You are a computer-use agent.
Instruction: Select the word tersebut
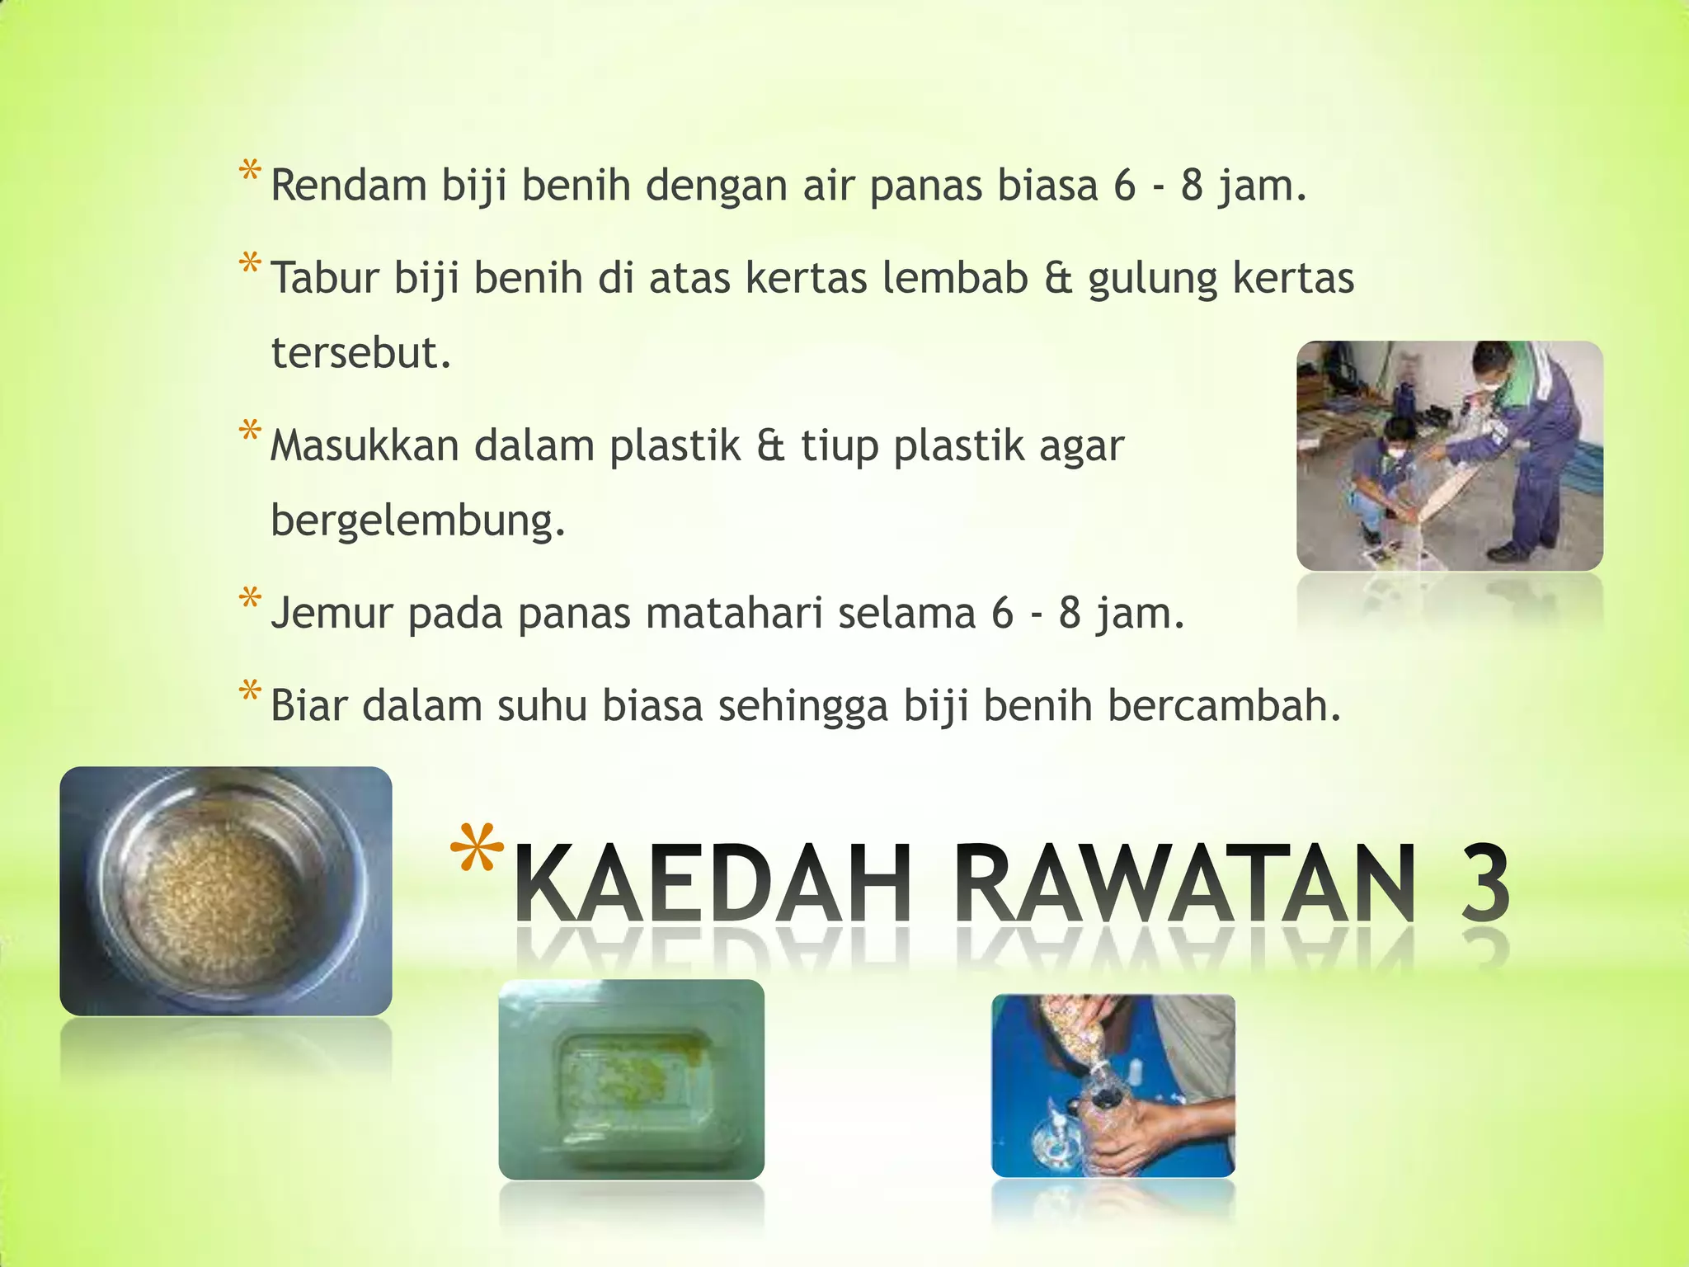360,353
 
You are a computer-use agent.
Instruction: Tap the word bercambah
1224,706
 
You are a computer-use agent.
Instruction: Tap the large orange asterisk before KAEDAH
478,850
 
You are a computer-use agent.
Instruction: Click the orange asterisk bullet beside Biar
250,691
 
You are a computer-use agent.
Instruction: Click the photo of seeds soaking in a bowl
225,891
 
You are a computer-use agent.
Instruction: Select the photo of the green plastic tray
631,1079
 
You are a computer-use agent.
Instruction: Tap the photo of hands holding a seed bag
1113,1086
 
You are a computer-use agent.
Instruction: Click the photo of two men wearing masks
1449,455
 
